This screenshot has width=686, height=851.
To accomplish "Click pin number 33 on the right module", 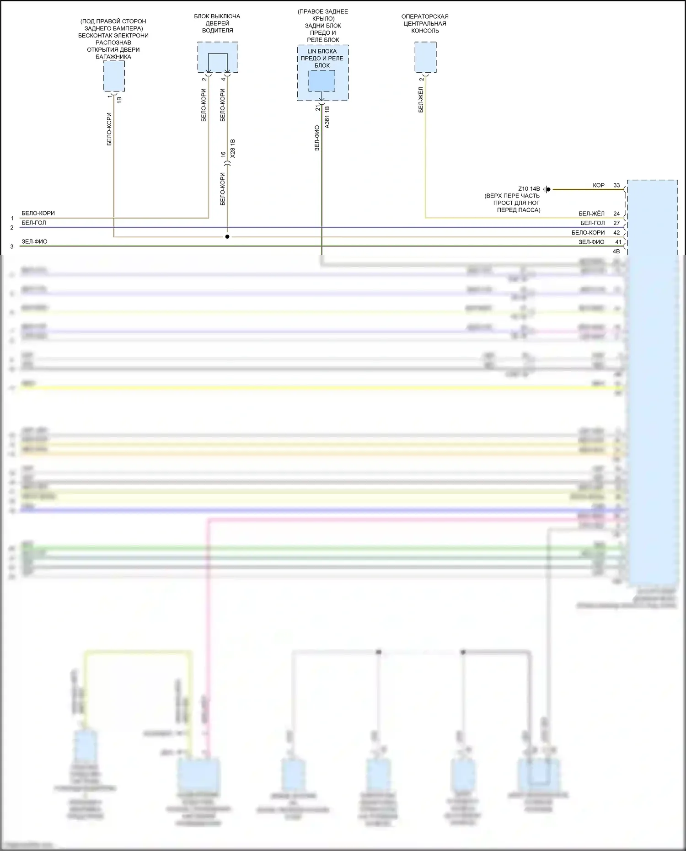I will point(616,185).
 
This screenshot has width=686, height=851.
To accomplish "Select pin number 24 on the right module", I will point(616,214).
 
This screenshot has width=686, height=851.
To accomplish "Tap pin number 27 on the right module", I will point(616,223).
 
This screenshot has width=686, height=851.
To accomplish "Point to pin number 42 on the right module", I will point(616,233).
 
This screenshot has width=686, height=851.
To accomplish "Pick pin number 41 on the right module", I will point(618,242).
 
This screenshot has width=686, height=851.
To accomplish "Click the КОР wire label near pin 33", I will point(599,185).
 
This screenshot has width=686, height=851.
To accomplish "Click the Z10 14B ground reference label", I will point(529,189).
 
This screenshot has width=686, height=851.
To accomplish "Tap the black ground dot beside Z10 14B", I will point(548,189).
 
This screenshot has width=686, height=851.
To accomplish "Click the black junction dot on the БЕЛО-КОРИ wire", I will point(227,237).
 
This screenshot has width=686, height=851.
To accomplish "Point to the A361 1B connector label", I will point(327,117).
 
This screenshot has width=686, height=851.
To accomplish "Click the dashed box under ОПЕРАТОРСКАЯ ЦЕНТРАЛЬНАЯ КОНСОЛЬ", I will point(425,57).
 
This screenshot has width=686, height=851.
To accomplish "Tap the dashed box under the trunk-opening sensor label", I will point(113,76).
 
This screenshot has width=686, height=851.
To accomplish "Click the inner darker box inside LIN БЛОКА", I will point(322,80).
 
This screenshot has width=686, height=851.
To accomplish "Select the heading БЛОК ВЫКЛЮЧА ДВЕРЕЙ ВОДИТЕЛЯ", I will point(217,23).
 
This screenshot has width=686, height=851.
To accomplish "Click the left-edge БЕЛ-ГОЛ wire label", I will point(34,223).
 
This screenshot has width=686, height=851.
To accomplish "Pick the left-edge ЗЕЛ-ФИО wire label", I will point(34,241).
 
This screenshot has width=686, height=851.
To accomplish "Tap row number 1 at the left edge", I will point(12,219).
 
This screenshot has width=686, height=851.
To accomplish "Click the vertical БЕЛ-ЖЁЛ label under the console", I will point(421,100).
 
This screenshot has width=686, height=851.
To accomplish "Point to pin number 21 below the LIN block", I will point(317,108).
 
